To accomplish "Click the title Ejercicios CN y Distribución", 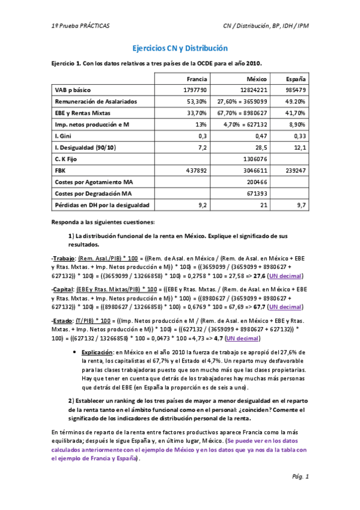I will coord(180,48).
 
